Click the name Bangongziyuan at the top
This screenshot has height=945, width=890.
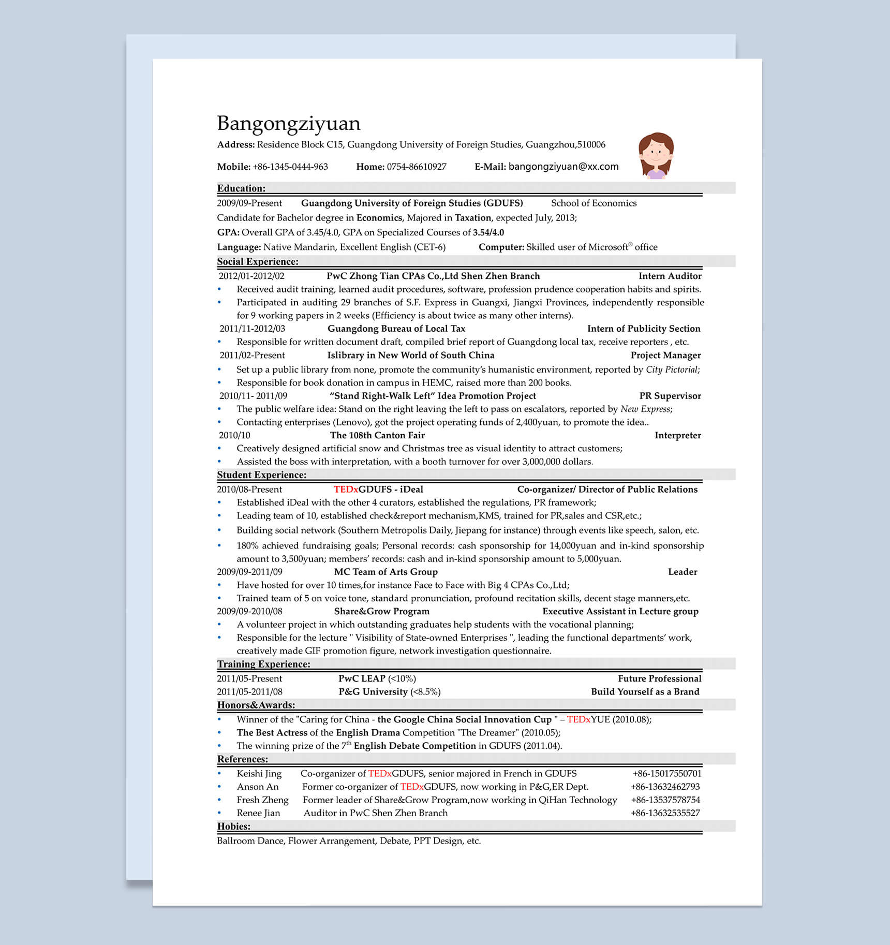tap(288, 124)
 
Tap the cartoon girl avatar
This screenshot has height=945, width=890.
tap(656, 156)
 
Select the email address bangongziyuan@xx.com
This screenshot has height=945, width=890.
tap(563, 167)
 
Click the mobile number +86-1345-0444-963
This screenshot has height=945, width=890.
tap(290, 167)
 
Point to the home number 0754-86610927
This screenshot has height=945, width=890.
tap(416, 167)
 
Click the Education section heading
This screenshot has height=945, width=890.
tap(241, 188)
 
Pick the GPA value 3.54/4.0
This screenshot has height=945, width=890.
tap(488, 232)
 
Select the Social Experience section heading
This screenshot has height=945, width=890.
tap(257, 262)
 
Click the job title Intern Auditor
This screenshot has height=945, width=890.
tap(670, 276)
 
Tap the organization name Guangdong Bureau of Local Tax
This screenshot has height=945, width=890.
tap(396, 329)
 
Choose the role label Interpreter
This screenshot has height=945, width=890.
tap(677, 435)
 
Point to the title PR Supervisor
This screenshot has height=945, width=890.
tap(670, 396)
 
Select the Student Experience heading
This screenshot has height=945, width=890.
tap(261, 475)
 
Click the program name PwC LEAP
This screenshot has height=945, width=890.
tap(362, 678)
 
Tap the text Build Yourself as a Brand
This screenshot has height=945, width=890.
tap(645, 692)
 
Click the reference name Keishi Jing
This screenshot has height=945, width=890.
tap(259, 774)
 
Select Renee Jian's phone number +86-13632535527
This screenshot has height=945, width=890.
tap(665, 813)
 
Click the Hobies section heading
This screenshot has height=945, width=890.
tap(233, 826)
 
